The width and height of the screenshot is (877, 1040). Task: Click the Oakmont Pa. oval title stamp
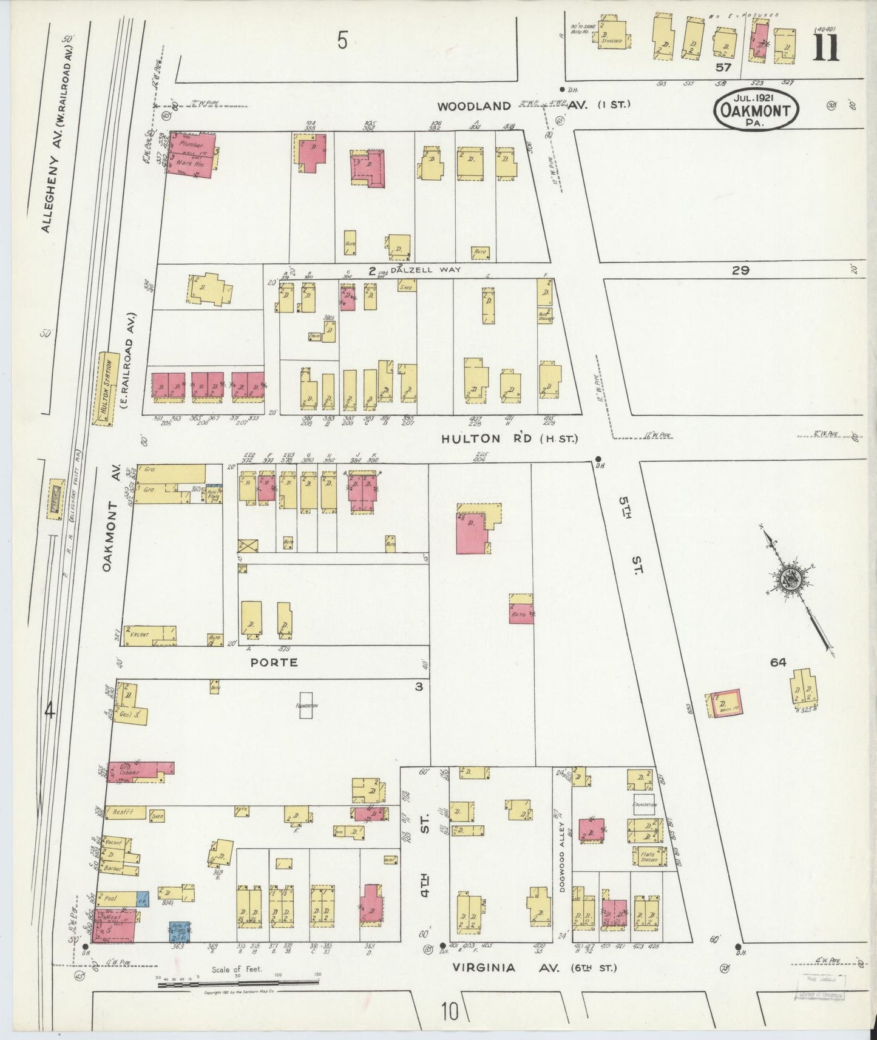756,110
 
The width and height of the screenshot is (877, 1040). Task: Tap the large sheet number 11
826,48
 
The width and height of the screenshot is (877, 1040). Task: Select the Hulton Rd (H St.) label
510,438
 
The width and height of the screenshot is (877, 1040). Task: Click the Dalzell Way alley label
425,270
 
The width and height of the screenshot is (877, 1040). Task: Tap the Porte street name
274,662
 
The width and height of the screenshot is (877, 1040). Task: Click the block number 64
777,662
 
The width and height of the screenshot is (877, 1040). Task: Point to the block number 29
740,271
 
